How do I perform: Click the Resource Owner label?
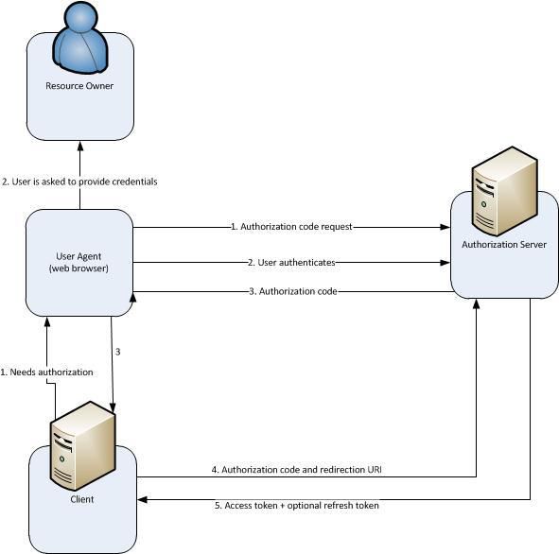pyautogui.click(x=79, y=86)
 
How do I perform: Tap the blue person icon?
pyautogui.click(x=80, y=38)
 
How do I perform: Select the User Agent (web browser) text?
pyautogui.click(x=79, y=262)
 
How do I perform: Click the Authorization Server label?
pyautogui.click(x=504, y=245)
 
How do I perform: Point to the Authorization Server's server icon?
pyautogui.click(x=504, y=192)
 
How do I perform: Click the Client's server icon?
pyautogui.click(x=82, y=445)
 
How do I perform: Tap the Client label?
pyautogui.click(x=82, y=499)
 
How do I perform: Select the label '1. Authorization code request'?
pyautogui.click(x=291, y=227)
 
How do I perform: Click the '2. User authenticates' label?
pyautogui.click(x=291, y=263)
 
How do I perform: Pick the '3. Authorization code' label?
pyautogui.click(x=293, y=291)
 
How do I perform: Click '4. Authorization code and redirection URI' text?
pyautogui.click(x=297, y=470)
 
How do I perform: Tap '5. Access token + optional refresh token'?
pyautogui.click(x=297, y=506)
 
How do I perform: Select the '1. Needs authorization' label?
pyautogui.click(x=46, y=372)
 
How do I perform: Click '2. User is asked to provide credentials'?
pyautogui.click(x=79, y=182)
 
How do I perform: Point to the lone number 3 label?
pyautogui.click(x=118, y=352)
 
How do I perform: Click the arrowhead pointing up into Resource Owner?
pyautogui.click(x=80, y=147)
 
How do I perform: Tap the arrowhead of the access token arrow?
pyautogui.click(x=143, y=500)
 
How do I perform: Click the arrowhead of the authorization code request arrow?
pyautogui.click(x=445, y=227)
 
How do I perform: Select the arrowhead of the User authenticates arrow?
pyautogui.click(x=445, y=263)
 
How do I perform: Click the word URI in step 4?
pyautogui.click(x=375, y=470)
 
